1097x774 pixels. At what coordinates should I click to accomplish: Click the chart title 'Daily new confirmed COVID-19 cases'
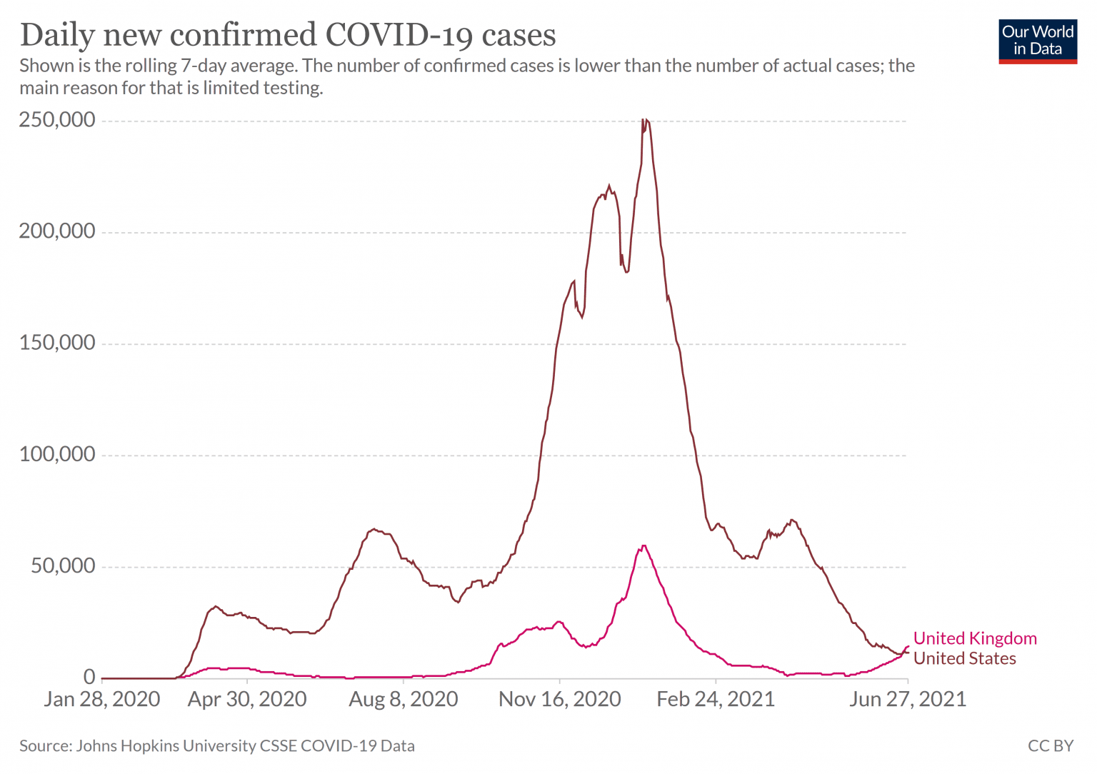(288, 34)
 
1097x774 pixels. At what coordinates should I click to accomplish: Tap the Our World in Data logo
(1037, 41)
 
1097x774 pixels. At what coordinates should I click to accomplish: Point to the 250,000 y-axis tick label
(57, 120)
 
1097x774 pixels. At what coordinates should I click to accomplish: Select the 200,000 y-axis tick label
(57, 231)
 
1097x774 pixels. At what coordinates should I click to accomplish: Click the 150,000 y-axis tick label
(57, 343)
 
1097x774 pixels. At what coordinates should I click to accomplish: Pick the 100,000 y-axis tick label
(57, 454)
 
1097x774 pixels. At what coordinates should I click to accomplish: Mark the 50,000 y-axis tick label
(63, 566)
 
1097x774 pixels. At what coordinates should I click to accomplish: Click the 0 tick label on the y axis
(89, 677)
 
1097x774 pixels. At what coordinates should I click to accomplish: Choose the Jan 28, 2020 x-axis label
(102, 699)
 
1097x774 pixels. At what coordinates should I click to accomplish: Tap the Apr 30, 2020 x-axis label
(247, 699)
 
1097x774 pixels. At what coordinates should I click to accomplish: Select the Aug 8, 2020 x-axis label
(404, 699)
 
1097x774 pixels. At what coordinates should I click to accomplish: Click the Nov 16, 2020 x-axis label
(560, 699)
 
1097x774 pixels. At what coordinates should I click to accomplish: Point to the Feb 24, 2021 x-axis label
(716, 699)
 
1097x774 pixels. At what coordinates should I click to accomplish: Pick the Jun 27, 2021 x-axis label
(907, 699)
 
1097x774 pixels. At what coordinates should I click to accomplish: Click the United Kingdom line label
(975, 638)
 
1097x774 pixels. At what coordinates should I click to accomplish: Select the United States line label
(964, 658)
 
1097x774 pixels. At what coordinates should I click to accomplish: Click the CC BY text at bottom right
(1050, 745)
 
